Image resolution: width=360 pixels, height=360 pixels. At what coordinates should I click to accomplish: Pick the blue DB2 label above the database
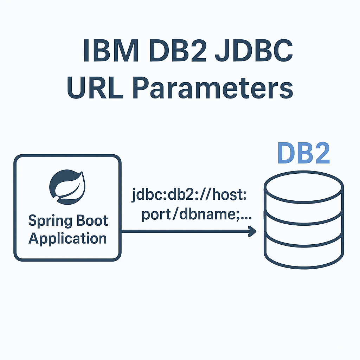(303, 154)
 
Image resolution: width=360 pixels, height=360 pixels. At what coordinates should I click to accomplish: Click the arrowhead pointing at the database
(252, 231)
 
